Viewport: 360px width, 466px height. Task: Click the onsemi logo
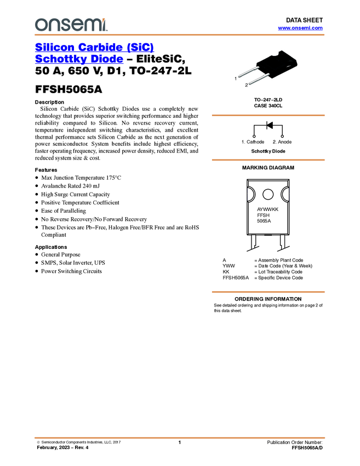pos(71,25)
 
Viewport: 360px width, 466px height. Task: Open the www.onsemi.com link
pos(300,28)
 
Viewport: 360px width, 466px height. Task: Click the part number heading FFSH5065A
pos(68,89)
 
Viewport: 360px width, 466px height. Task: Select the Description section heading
pos(49,102)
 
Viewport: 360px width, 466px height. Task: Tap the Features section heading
pos(46,170)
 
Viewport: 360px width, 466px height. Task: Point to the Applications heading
pos(51,247)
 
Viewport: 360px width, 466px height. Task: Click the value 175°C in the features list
pos(113,178)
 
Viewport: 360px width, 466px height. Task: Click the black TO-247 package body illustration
pos(277,61)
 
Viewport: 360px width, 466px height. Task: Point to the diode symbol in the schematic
pos(270,125)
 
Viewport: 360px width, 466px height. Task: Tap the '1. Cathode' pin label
pos(253,142)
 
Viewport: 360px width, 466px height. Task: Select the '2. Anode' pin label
pos(282,142)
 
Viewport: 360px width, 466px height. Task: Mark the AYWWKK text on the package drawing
pos(267,209)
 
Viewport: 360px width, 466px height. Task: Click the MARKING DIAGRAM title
pos(268,168)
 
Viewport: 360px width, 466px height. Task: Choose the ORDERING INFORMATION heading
pos(268,299)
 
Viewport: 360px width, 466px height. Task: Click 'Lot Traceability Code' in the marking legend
pos(280,272)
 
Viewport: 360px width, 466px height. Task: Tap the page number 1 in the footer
pos(179,442)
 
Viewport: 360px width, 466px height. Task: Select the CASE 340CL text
pos(268,106)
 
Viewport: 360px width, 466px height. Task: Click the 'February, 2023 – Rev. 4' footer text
pos(62,447)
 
